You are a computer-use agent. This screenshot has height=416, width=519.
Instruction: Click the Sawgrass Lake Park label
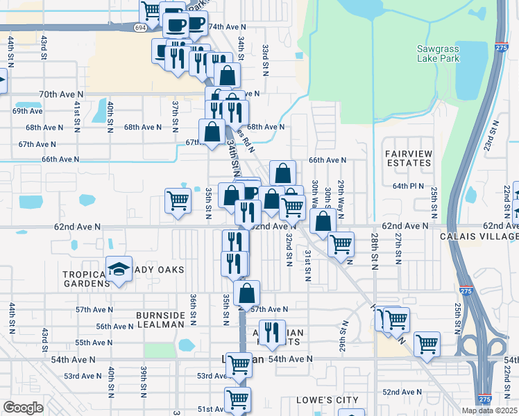(x=448, y=54)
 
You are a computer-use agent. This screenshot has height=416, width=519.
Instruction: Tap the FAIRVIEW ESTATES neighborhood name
(x=408, y=157)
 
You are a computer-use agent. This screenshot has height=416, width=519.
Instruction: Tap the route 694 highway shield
(x=141, y=26)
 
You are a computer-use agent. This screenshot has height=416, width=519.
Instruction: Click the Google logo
(x=23, y=408)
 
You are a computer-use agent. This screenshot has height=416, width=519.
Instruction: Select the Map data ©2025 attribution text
(x=488, y=410)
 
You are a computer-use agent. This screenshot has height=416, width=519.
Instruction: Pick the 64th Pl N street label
(x=408, y=186)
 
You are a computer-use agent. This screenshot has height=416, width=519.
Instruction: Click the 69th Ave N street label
(x=28, y=111)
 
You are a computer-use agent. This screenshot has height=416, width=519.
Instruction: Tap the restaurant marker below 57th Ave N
(x=272, y=332)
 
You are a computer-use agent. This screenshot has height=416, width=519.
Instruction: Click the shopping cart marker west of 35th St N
(x=178, y=200)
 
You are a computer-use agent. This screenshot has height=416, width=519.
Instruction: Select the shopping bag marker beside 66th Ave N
(x=282, y=173)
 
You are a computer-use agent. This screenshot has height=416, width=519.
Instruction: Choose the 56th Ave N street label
(x=114, y=327)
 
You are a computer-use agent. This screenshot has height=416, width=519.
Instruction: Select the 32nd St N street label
(x=288, y=248)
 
